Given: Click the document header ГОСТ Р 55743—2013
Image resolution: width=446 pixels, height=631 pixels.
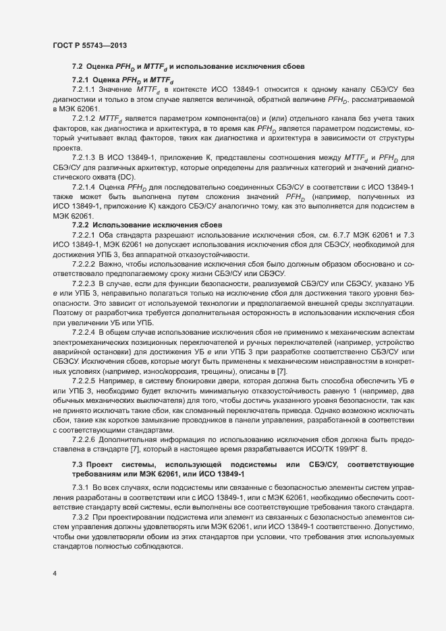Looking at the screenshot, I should tap(89, 45).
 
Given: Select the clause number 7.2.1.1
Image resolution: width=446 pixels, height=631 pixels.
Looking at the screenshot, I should tap(84, 89).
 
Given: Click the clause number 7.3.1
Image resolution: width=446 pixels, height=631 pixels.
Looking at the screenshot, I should tap(80, 487).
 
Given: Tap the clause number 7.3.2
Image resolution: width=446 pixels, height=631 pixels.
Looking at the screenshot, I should tap(80, 516).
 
